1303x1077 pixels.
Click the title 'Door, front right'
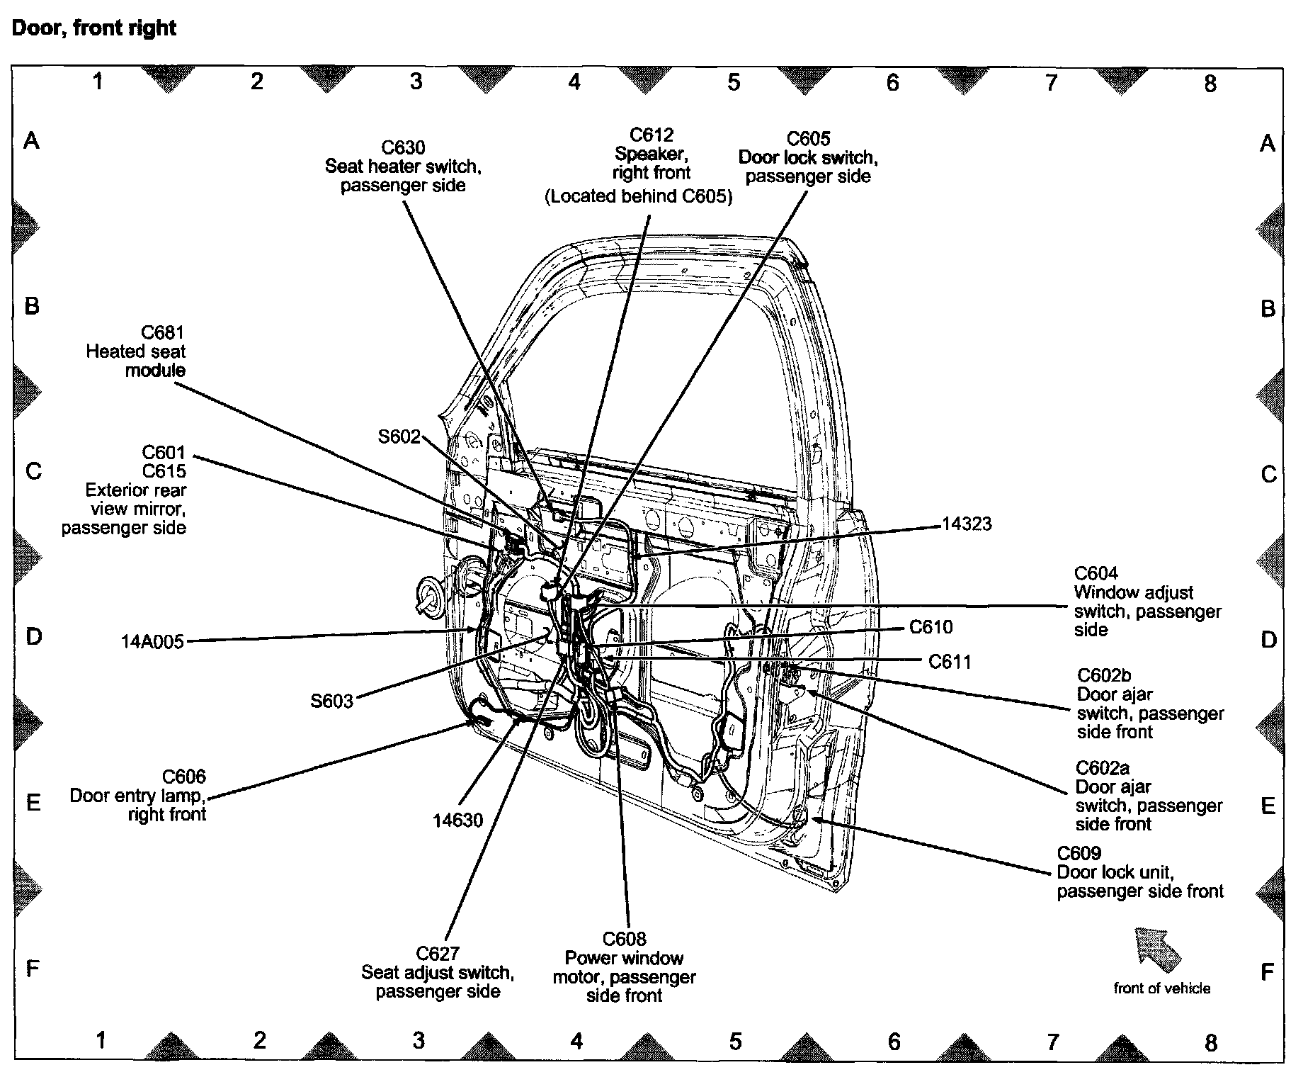click(94, 28)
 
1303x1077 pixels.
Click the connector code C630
click(403, 147)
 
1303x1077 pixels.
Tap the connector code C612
click(651, 135)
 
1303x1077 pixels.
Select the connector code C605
click(808, 138)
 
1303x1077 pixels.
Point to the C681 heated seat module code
click(163, 332)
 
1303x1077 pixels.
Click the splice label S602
click(399, 436)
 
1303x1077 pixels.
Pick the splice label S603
click(331, 701)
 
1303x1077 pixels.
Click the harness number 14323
click(967, 524)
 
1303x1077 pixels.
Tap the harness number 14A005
click(152, 642)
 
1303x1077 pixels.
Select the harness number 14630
click(458, 820)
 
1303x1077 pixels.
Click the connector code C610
click(931, 627)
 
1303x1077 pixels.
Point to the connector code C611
click(950, 662)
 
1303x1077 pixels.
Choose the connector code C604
click(1096, 573)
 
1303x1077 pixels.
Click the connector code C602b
click(1103, 675)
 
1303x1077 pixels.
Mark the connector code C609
click(1079, 853)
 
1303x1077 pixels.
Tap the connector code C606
click(184, 777)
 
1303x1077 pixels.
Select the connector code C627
click(438, 953)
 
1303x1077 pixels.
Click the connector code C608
click(624, 939)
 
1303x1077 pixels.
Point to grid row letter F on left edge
click(32, 969)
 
